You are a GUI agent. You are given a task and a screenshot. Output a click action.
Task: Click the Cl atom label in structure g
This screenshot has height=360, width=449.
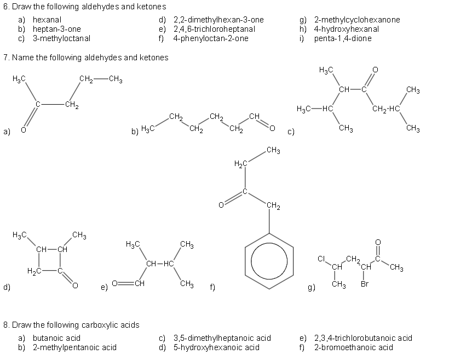point(322,258)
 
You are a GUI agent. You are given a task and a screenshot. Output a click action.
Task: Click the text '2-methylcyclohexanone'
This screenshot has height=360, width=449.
point(357,20)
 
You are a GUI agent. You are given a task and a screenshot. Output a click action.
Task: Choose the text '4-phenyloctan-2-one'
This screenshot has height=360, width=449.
point(210,38)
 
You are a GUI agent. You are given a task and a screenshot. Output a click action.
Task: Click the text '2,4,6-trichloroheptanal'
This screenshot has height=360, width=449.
point(214,29)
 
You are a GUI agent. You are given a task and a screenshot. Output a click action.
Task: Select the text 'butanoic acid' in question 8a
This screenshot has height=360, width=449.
point(56,338)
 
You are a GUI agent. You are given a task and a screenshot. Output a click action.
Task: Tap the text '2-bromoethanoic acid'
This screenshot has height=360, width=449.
point(353,347)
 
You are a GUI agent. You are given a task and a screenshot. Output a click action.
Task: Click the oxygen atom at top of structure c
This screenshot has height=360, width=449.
point(375,69)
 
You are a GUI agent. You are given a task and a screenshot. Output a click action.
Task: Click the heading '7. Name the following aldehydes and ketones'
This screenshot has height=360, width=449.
point(86,57)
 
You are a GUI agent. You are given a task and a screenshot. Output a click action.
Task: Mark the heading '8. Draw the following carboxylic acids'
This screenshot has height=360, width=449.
point(71,325)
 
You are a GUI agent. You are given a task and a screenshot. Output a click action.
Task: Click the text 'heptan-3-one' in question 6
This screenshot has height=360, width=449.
point(56,29)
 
